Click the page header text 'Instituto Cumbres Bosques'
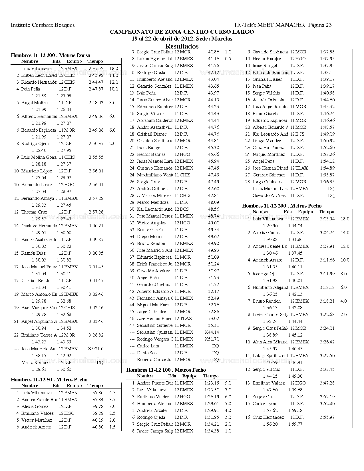point(43,25)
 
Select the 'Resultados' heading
point(182,46)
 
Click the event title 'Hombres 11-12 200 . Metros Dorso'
point(51,55)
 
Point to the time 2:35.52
point(96,69)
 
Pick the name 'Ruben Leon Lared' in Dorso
point(39,75)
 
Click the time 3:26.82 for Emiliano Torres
point(96,335)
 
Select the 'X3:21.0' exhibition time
point(96,349)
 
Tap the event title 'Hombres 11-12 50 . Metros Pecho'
point(49,380)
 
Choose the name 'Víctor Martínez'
point(37,420)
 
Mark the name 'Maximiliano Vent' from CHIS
point(155,175)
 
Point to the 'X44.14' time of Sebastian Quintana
point(212,332)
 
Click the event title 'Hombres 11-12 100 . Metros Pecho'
point(166,370)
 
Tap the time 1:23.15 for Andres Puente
point(212,383)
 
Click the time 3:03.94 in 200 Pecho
point(327,219)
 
